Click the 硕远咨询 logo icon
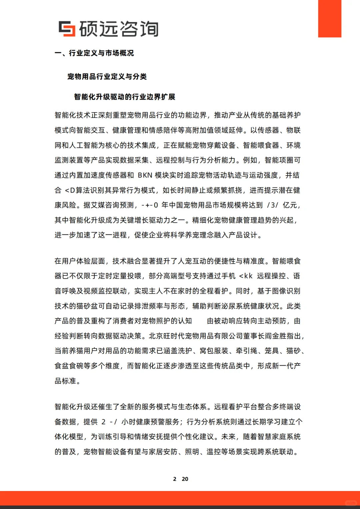(x=67, y=29)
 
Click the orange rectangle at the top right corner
(x=330, y=19)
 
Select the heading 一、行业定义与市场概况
(x=94, y=53)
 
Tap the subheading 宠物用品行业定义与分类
(x=107, y=77)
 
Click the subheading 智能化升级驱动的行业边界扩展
(x=125, y=97)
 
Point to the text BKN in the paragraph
(x=145, y=175)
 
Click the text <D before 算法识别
(x=70, y=190)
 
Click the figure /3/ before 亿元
(x=272, y=205)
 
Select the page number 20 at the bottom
(x=185, y=479)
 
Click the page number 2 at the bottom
(x=175, y=479)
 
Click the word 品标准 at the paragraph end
(x=65, y=381)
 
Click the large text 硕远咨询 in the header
(x=119, y=29)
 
